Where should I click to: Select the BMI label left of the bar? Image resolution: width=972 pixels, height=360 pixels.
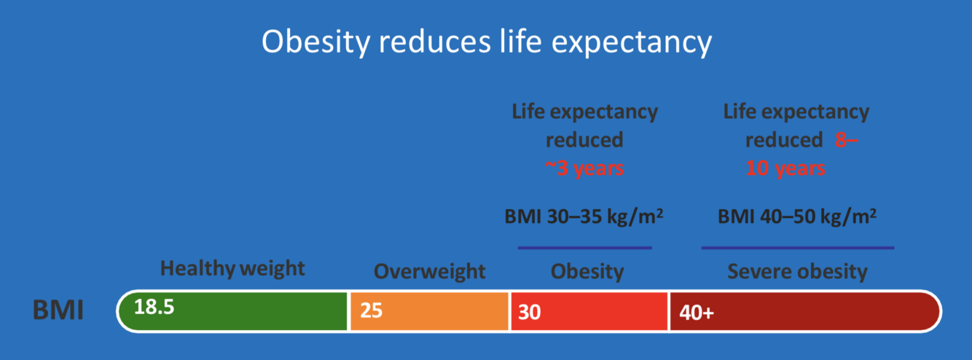pyautogui.click(x=58, y=311)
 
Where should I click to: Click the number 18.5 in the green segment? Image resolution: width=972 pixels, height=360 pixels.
pyautogui.click(x=154, y=307)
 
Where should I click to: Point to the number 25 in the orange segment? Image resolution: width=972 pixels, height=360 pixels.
pyautogui.click(x=371, y=311)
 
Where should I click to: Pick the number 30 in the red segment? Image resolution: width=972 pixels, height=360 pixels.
pyautogui.click(x=530, y=312)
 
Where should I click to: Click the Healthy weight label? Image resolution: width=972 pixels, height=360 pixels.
pyautogui.click(x=232, y=268)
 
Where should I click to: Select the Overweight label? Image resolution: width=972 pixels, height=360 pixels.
pyautogui.click(x=429, y=272)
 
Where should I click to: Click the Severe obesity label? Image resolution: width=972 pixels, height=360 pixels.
pyautogui.click(x=797, y=272)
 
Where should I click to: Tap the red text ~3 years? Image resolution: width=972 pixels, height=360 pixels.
pyautogui.click(x=584, y=168)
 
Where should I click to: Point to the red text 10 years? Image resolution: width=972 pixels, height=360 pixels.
pyautogui.click(x=785, y=168)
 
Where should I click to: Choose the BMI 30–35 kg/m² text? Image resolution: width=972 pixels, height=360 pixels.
pyautogui.click(x=584, y=216)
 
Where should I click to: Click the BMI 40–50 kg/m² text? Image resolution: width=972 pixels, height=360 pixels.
pyautogui.click(x=797, y=216)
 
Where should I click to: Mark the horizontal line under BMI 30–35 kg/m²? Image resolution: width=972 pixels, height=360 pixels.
pyautogui.click(x=584, y=248)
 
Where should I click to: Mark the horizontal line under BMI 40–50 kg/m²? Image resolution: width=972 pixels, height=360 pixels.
pyautogui.click(x=797, y=248)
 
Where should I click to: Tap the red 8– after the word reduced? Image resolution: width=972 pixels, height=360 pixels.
pyautogui.click(x=847, y=140)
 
